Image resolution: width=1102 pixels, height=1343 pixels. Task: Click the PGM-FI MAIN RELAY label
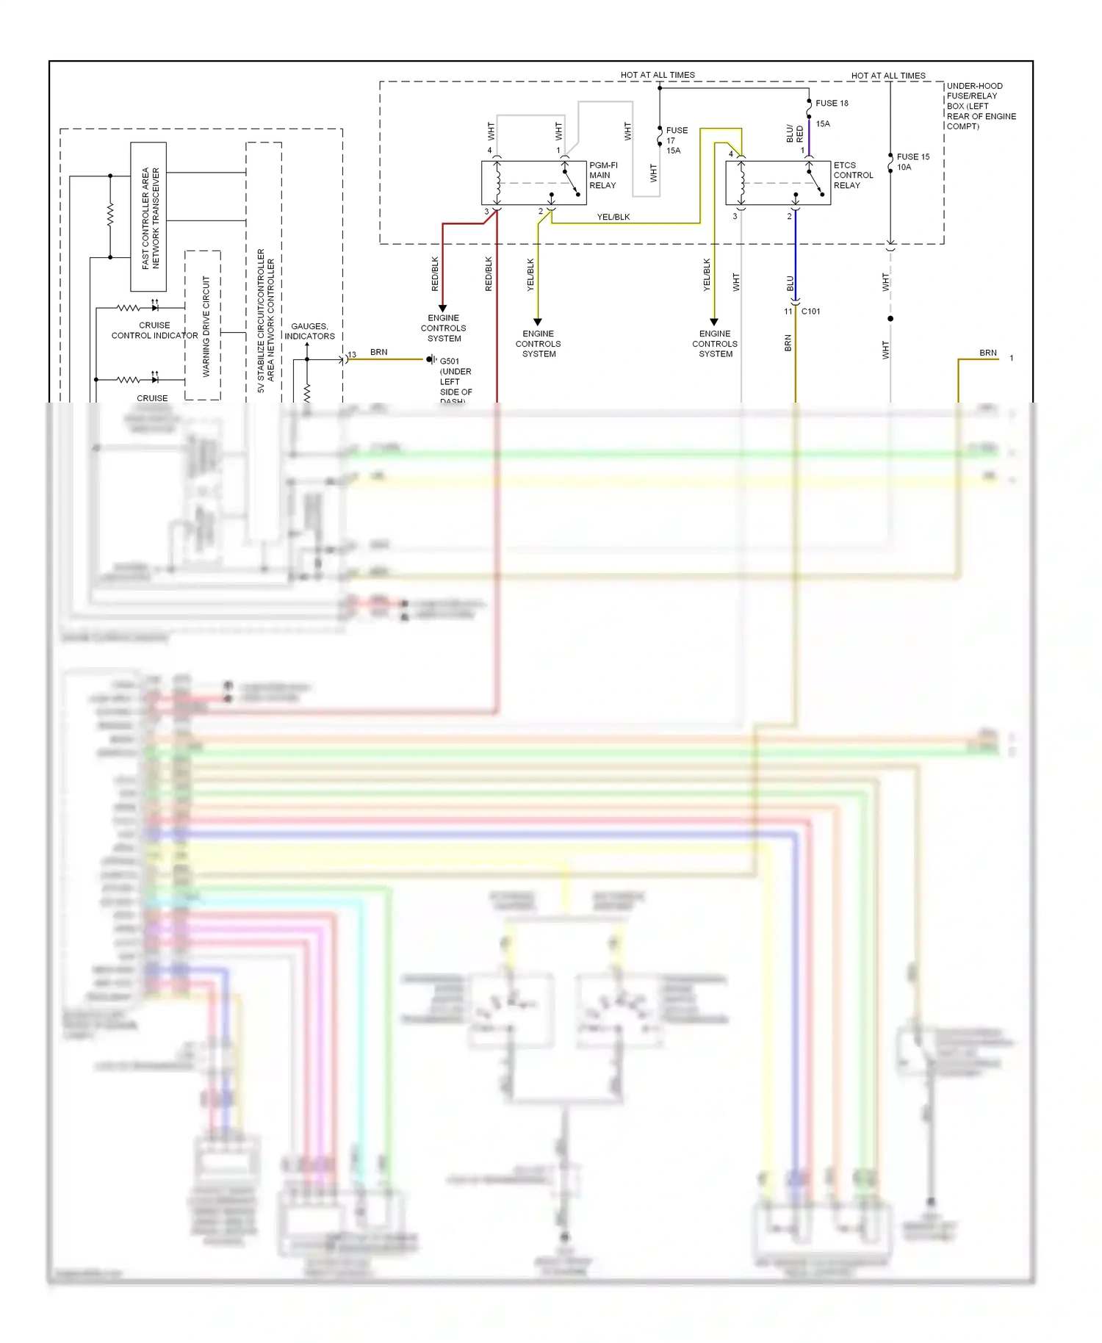pyautogui.click(x=602, y=176)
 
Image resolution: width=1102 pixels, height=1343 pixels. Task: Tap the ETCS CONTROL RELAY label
pyautogui.click(x=853, y=176)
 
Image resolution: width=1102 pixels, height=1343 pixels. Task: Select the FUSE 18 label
pyautogui.click(x=832, y=104)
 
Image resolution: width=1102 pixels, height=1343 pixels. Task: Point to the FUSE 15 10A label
pyautogui.click(x=912, y=162)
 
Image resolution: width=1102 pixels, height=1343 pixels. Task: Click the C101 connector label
pyautogui.click(x=810, y=312)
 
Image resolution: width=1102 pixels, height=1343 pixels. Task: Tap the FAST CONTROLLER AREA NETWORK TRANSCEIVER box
pyautogui.click(x=148, y=217)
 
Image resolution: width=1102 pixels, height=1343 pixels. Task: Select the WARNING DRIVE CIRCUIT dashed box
pyautogui.click(x=204, y=325)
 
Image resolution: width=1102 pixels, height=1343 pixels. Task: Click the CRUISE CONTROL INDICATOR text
pyautogui.click(x=154, y=331)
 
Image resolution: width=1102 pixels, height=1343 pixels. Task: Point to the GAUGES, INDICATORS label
pyautogui.click(x=309, y=331)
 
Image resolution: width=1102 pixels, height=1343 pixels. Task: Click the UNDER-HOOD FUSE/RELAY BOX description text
pyautogui.click(x=980, y=107)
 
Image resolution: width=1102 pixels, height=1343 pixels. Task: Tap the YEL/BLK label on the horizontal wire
pyautogui.click(x=613, y=217)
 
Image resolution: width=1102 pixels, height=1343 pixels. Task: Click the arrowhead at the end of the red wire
pyautogui.click(x=443, y=308)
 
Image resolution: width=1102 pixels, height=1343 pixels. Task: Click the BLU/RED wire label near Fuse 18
pyautogui.click(x=795, y=134)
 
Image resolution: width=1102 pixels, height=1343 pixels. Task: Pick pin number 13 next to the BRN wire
pyautogui.click(x=352, y=355)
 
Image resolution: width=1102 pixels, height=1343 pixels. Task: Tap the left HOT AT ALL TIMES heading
pyautogui.click(x=657, y=75)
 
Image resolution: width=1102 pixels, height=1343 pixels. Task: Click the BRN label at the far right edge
pyautogui.click(x=988, y=353)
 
